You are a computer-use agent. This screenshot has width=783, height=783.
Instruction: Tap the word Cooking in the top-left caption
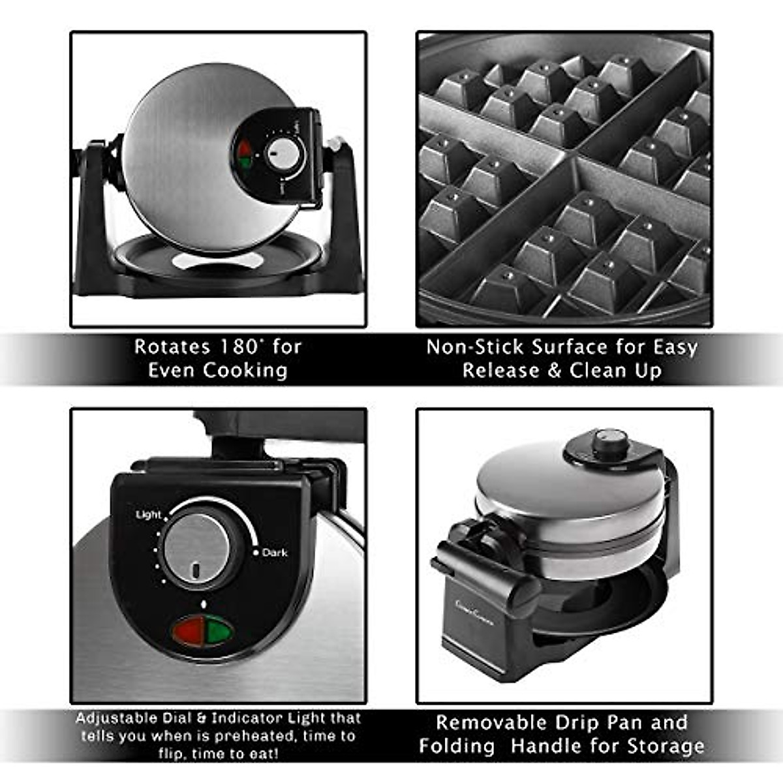[x=245, y=371]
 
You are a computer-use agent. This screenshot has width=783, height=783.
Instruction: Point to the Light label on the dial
[x=148, y=515]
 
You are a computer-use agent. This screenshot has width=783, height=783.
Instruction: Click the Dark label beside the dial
[x=274, y=553]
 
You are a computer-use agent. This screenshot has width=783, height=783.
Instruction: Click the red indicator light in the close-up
[x=189, y=631]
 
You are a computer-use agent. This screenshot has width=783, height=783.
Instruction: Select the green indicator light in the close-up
[x=219, y=631]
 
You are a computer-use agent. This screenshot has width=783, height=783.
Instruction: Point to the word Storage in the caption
[x=666, y=746]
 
